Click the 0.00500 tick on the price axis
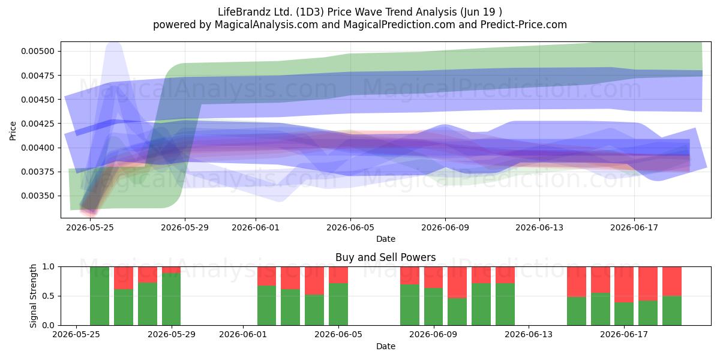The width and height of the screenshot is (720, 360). [x=38, y=52]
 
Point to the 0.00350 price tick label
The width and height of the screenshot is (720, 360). [x=38, y=196]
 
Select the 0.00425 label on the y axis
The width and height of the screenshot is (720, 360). [x=38, y=124]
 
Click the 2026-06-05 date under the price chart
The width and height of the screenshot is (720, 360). [x=350, y=228]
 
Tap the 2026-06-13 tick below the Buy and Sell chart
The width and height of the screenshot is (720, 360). [x=529, y=335]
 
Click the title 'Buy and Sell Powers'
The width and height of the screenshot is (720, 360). [x=385, y=257]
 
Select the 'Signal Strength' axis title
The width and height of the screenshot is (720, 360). [x=33, y=296]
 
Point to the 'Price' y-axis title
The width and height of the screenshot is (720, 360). [x=13, y=131]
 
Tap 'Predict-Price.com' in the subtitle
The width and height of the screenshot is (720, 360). [x=524, y=25]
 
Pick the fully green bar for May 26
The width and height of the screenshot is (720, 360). [x=100, y=296]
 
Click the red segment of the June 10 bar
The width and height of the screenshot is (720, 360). [x=457, y=283]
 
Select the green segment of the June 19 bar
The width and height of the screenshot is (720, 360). [x=672, y=311]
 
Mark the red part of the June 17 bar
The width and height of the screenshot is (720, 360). [x=624, y=284]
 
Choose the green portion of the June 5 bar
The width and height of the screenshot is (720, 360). [x=338, y=304]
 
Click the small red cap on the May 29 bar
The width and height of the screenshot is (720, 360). [x=172, y=270]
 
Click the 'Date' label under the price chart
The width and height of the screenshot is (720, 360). [x=386, y=239]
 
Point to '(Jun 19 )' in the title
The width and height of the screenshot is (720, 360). [x=481, y=12]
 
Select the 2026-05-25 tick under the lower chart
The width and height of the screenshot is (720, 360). [x=76, y=335]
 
